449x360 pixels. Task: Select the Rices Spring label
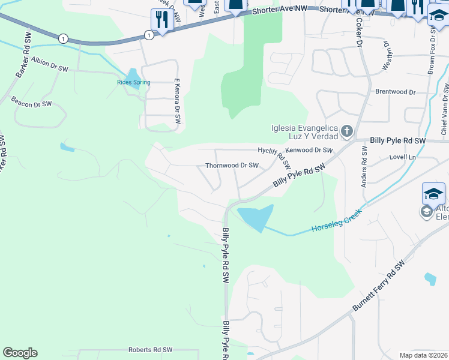coord(133,82)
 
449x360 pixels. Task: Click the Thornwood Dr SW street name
coord(232,165)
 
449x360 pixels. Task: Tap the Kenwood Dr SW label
coord(310,150)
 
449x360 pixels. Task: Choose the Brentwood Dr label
coord(395,92)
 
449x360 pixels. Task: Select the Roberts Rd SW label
coord(150,350)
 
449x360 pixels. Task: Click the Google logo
coord(20,353)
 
